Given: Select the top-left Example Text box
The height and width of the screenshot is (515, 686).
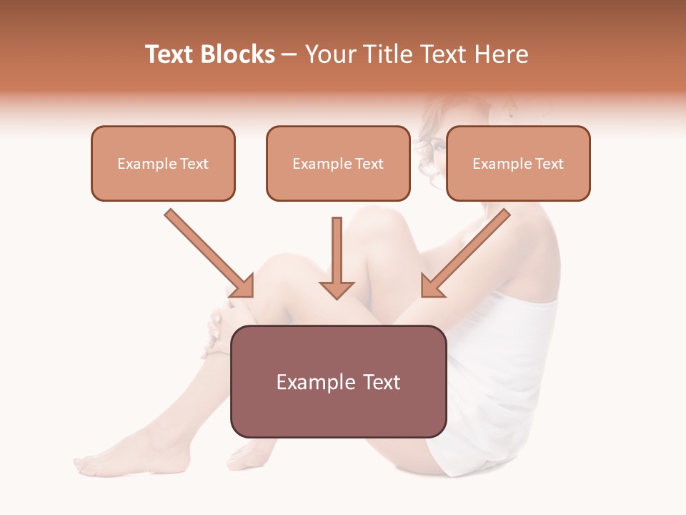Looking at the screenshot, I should tap(163, 163).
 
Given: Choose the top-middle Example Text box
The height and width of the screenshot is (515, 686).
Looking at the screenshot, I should tap(338, 163).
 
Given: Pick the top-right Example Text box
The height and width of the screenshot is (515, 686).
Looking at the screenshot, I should tap(518, 163).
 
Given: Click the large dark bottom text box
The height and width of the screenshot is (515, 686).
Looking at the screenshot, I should tap(338, 381).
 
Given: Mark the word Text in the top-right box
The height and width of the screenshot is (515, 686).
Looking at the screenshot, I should tap(549, 164).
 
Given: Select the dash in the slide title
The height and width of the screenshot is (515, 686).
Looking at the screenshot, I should tap(289, 54).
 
